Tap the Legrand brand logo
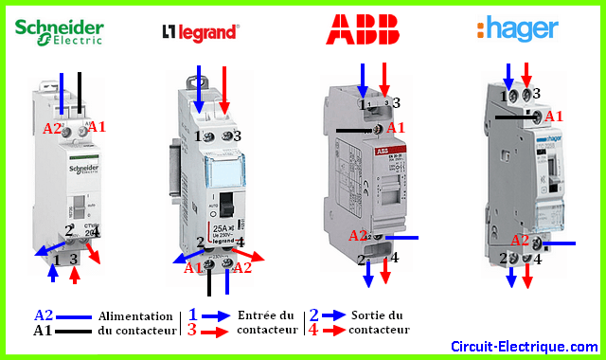[x=199, y=32]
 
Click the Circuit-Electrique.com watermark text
[x=524, y=346]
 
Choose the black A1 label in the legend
[x=44, y=330]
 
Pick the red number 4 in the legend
[x=313, y=330]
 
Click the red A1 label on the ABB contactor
[x=397, y=127]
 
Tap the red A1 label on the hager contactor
[x=554, y=116]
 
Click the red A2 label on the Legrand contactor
[x=241, y=268]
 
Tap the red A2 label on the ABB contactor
[x=358, y=236]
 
